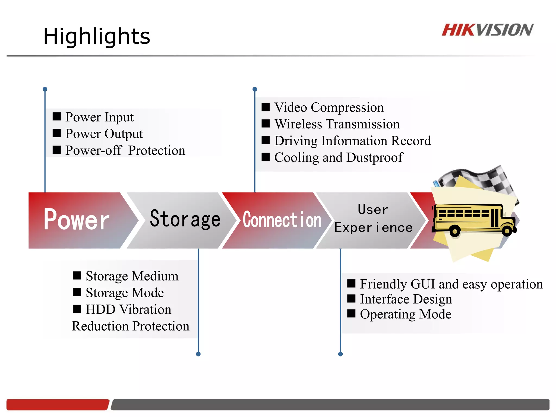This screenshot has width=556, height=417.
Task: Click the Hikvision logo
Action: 488,30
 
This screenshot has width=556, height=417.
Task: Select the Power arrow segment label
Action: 77,220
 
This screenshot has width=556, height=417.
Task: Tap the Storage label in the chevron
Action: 185,219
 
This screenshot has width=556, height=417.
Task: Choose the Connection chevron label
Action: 282,220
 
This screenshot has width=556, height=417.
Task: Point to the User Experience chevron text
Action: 373,219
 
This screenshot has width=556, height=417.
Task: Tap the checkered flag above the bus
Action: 486,179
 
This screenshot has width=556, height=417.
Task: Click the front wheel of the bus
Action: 507,231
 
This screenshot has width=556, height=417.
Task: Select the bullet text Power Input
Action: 99,117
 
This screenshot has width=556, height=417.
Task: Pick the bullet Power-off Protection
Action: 125,150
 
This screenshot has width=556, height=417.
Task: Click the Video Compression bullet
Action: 329,107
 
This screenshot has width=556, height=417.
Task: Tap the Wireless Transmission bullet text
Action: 337,124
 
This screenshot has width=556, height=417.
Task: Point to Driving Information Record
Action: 352,141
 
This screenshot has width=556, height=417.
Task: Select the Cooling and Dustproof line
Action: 339,157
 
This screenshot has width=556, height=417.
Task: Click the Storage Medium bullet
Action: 132,276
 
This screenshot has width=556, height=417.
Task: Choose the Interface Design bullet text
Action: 406,299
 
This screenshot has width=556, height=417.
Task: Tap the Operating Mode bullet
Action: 406,314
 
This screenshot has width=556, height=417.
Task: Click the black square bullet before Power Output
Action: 57,133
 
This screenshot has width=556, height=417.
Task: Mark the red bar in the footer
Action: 58,405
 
